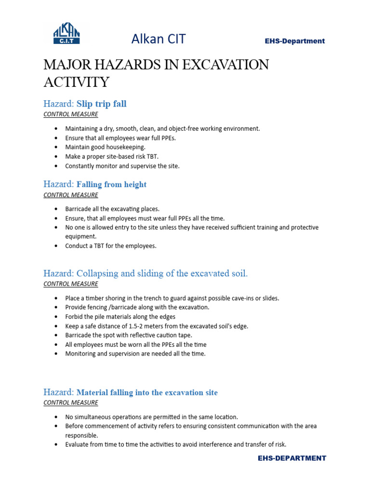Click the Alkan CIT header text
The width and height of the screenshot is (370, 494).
tap(159, 39)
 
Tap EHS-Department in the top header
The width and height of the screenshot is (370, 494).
tap(295, 41)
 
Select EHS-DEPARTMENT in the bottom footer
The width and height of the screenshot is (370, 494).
tap(291, 458)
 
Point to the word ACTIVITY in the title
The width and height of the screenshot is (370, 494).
tap(77, 82)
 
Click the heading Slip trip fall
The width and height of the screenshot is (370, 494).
tap(101, 104)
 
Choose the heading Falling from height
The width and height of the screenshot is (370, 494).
tap(111, 184)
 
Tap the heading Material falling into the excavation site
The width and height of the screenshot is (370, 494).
tap(147, 392)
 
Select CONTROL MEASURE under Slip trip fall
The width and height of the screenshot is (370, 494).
tap(70, 114)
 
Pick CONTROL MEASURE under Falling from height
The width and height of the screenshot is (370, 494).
tap(70, 195)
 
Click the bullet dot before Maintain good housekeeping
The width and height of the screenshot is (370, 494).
tap(56, 147)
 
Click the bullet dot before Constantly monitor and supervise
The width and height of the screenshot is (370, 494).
tap(56, 166)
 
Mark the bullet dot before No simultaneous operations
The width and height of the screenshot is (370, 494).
tap(56, 417)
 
